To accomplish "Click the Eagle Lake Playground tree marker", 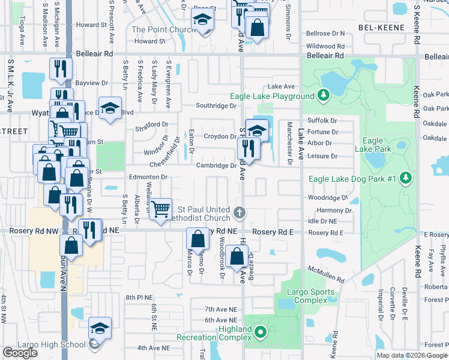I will tap(324, 95).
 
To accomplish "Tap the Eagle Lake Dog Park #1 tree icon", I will tap(406, 178).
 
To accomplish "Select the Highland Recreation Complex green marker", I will tap(260, 331).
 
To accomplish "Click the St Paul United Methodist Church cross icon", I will tap(239, 212).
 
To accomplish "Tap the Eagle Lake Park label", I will tap(373, 144).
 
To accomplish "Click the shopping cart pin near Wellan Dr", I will tap(160, 209).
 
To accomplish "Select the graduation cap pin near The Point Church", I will tap(203, 22).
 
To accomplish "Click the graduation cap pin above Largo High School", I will tap(100, 328).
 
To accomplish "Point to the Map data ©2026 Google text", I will tap(412, 355).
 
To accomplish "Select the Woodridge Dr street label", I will tap(328, 197).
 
